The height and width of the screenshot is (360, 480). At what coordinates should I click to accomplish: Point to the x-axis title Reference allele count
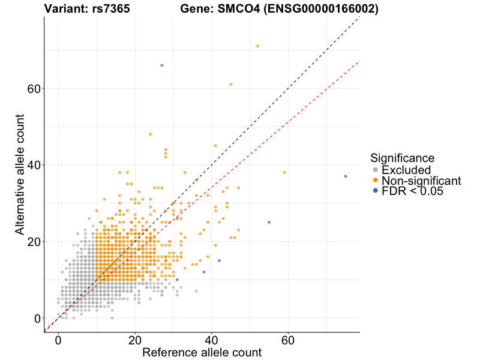pyautogui.click(x=202, y=352)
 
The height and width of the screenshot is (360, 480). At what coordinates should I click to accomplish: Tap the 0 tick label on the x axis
pyautogui.click(x=58, y=339)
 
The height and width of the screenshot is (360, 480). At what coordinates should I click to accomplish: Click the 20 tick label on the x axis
pyautogui.click(x=135, y=339)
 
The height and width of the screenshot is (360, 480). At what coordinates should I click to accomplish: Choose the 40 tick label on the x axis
pyautogui.click(x=212, y=339)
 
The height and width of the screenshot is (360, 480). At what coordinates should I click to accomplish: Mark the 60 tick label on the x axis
pyautogui.click(x=289, y=339)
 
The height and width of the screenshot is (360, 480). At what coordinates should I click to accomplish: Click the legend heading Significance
pyautogui.click(x=403, y=158)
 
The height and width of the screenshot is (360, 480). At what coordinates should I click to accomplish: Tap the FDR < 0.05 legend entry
pyautogui.click(x=412, y=191)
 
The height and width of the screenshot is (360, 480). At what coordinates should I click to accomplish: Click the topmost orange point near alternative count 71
pyautogui.click(x=257, y=46)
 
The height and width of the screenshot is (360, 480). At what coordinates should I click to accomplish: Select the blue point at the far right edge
pyautogui.click(x=346, y=176)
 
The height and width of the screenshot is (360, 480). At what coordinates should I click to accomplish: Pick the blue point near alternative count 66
pyautogui.click(x=162, y=65)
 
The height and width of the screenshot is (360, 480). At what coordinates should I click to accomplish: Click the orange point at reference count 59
pyautogui.click(x=284, y=173)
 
